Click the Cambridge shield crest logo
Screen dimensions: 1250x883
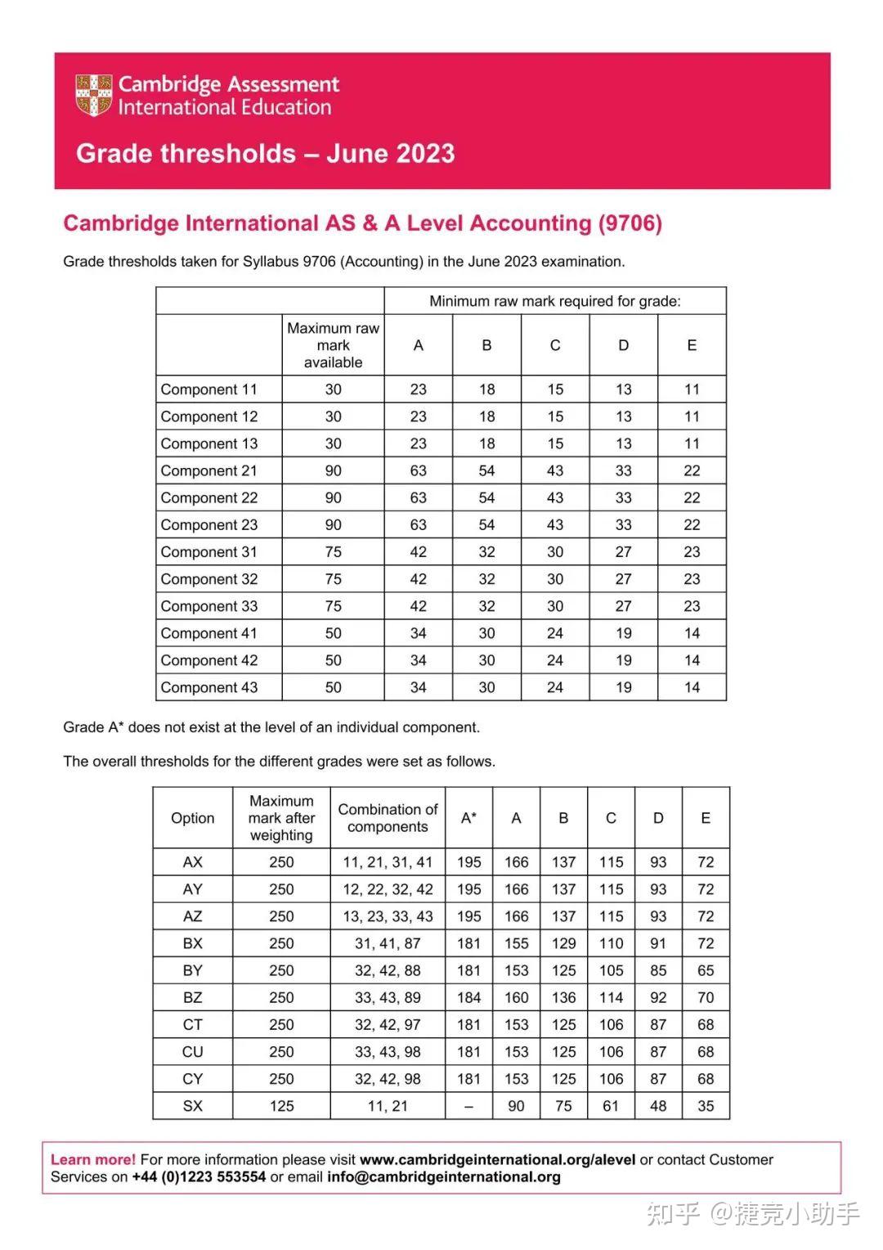click(93, 95)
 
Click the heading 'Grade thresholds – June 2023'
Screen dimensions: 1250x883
click(265, 154)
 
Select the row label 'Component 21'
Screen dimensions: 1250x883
click(209, 470)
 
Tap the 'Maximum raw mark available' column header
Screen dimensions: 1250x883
click(333, 345)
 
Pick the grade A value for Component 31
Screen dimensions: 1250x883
click(418, 552)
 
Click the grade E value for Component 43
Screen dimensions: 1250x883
click(692, 687)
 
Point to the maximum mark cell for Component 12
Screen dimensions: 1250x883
click(333, 416)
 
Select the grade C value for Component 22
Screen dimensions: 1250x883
click(555, 497)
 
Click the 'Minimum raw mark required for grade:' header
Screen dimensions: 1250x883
click(554, 301)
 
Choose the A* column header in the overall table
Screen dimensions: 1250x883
click(468, 818)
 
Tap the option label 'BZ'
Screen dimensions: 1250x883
click(192, 997)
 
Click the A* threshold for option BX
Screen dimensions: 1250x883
click(468, 943)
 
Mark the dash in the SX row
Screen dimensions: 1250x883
click(468, 1106)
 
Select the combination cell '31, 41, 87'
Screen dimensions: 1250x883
click(388, 943)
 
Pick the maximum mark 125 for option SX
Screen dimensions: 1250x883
click(281, 1106)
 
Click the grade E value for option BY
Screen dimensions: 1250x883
click(706, 970)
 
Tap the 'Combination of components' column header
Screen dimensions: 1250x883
click(388, 818)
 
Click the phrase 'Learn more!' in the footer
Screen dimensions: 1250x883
click(93, 1159)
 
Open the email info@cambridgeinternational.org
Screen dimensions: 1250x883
click(444, 1177)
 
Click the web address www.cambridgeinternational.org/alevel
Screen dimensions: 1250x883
click(497, 1159)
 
